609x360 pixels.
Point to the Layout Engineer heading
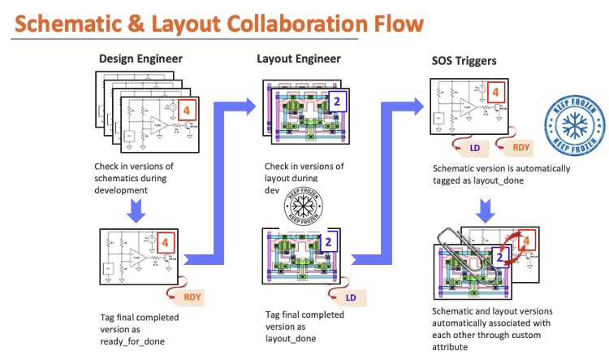pos(299,59)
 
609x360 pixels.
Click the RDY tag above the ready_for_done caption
pos(190,297)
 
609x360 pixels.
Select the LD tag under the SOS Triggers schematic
pos(477,148)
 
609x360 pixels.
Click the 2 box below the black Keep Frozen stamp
pos(328,241)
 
